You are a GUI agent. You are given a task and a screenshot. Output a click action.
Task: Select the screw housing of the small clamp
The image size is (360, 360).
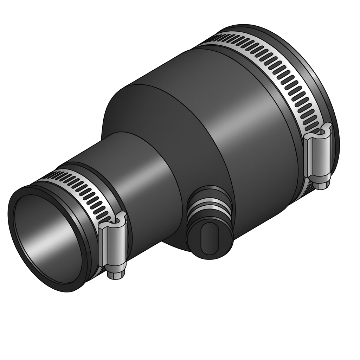[x=112, y=246]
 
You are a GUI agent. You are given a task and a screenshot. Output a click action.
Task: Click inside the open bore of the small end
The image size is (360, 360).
[x=46, y=239]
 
